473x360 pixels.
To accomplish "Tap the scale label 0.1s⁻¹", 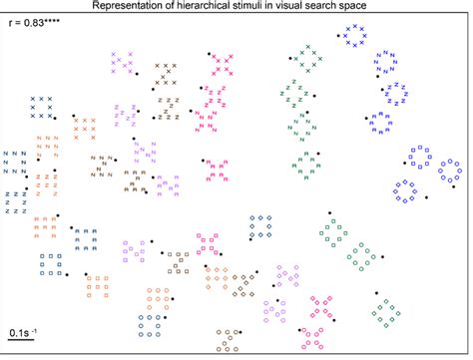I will pos(24,330).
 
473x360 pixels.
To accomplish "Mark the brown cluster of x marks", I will pos(167,74).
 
